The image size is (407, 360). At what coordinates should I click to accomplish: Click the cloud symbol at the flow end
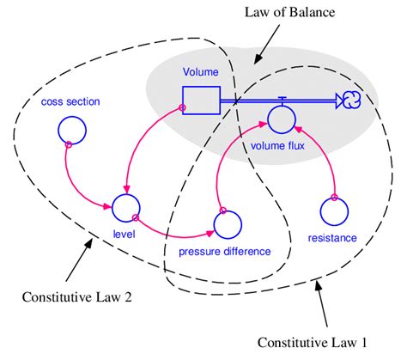[351, 101]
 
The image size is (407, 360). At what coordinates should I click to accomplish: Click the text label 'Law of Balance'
[289, 12]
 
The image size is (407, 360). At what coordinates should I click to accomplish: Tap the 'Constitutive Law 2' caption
[77, 297]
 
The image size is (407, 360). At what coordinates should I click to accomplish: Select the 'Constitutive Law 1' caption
[312, 343]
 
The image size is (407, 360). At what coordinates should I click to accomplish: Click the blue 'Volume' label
[201, 72]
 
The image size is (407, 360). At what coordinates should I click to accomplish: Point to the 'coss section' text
[70, 101]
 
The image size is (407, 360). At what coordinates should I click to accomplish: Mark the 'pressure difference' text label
[225, 252]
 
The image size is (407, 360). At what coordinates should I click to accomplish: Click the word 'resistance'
[332, 238]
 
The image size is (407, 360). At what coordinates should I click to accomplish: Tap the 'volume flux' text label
[277, 146]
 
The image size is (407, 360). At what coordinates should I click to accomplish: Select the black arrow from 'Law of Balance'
[266, 44]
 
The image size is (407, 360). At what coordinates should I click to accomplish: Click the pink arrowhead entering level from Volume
[127, 188]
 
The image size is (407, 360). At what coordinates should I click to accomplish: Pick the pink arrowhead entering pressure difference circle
[210, 233]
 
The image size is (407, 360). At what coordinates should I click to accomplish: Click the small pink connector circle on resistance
[334, 197]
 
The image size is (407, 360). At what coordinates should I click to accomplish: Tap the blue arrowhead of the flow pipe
[339, 101]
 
